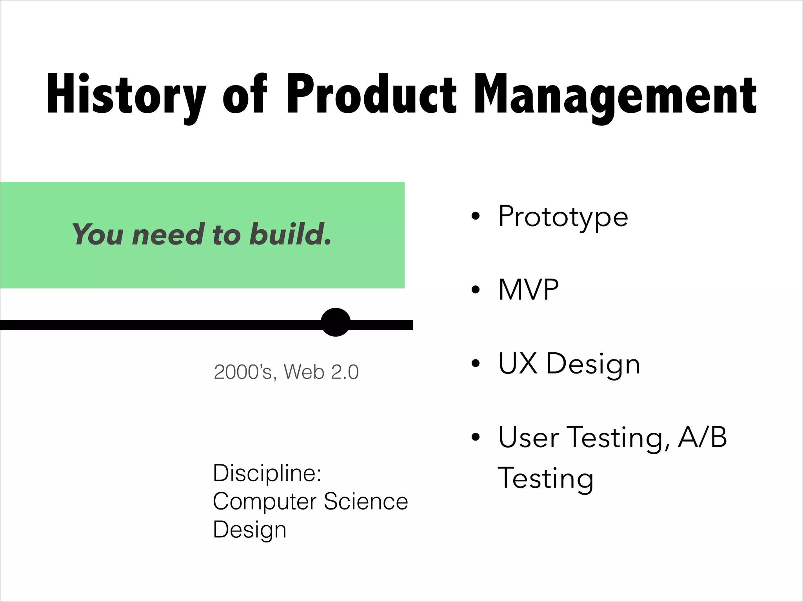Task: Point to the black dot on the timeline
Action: (x=336, y=322)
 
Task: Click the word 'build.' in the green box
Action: (x=291, y=234)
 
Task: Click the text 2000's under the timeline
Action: (x=243, y=372)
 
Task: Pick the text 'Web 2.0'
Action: (x=321, y=372)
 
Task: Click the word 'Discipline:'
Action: (x=267, y=473)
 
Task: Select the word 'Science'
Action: (x=366, y=501)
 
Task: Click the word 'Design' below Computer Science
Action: (x=249, y=529)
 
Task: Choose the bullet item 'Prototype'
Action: (x=563, y=216)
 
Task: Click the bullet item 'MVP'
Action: (x=528, y=290)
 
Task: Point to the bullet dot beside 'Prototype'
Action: (x=476, y=216)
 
